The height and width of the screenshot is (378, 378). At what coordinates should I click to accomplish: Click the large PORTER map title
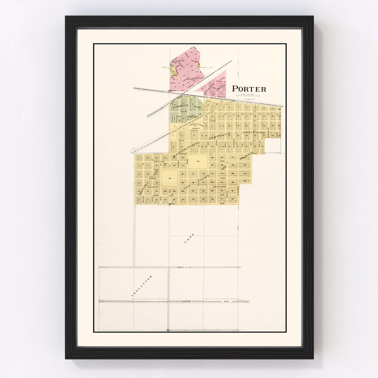(249, 89)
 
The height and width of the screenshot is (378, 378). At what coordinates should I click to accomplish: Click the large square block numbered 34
(198, 161)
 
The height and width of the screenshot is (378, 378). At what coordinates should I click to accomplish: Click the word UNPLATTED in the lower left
(142, 286)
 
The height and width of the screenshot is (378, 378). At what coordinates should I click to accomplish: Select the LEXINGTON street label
(153, 187)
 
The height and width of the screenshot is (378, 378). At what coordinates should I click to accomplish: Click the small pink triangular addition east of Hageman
(214, 84)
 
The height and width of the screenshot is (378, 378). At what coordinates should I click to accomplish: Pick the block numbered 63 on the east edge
(245, 181)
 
